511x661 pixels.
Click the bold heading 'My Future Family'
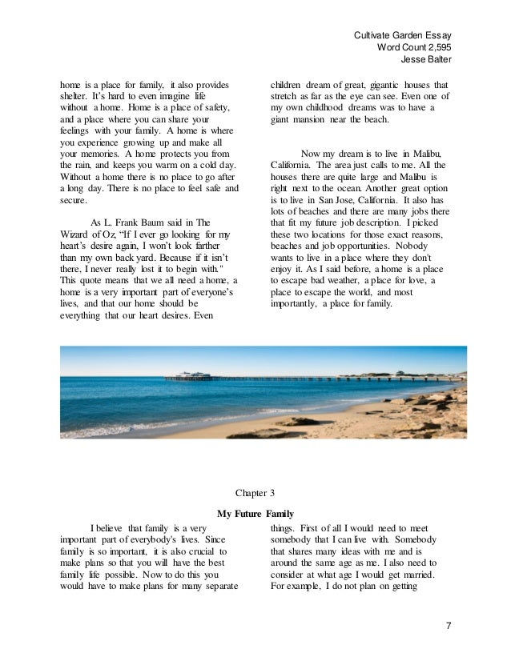255,513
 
